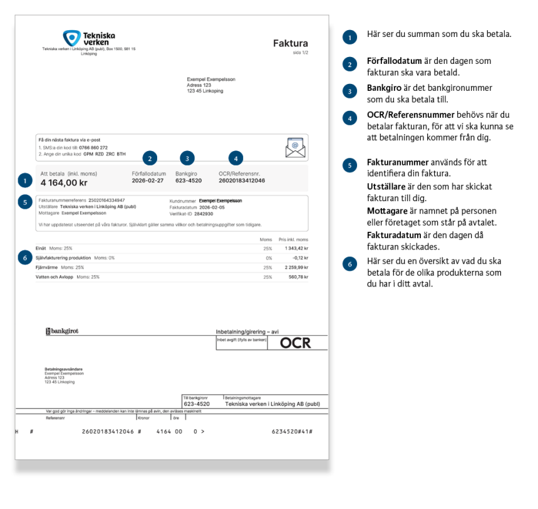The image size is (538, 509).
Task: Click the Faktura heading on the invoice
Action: click(x=291, y=43)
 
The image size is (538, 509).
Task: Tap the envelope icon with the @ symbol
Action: click(x=293, y=147)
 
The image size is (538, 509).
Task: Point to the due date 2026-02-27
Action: click(x=148, y=181)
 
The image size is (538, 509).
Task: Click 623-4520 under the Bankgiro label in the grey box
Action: click(x=189, y=181)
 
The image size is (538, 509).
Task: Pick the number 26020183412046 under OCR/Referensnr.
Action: click(x=242, y=181)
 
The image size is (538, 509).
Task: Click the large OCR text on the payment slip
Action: click(x=294, y=343)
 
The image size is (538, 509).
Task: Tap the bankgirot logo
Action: click(x=63, y=330)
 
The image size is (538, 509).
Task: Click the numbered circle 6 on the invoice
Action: click(x=24, y=258)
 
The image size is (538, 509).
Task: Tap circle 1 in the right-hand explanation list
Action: click(x=348, y=37)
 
